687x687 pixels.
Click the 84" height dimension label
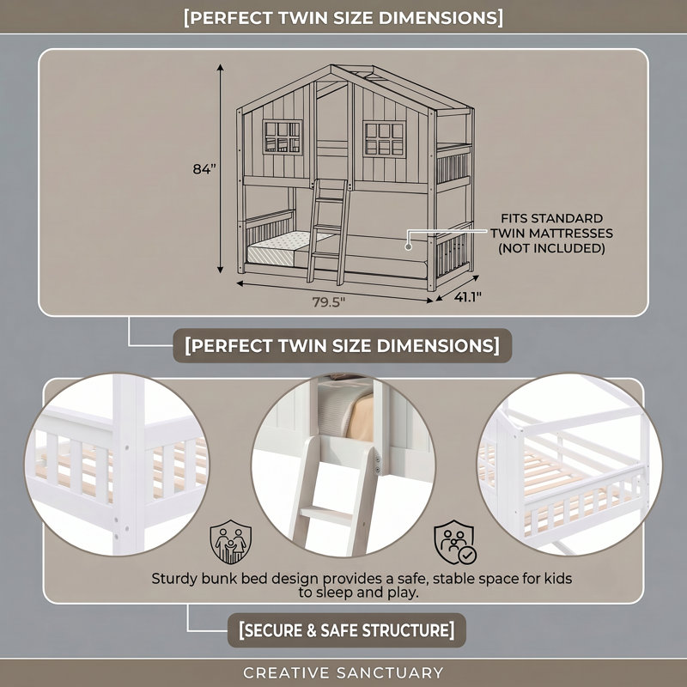coord(204,168)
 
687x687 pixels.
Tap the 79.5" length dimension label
coord(329,302)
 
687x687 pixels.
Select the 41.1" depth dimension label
coord(467,297)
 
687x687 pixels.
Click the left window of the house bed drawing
coord(283,137)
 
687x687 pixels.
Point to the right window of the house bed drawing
coord(384,138)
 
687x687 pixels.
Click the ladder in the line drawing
coord(328,231)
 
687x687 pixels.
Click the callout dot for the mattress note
coord(409,246)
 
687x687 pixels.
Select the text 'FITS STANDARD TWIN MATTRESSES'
coord(551,226)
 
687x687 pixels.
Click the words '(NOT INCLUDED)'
coord(551,248)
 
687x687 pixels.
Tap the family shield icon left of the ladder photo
coord(230,542)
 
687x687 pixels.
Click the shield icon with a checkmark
coord(455,542)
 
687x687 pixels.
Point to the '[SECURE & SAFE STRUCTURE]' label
coord(347,630)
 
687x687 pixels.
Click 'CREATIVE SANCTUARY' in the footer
coord(343,672)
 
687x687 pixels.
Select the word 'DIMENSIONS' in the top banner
coord(441,18)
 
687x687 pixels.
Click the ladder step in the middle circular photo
coord(326,513)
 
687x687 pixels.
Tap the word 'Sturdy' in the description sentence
coord(174,579)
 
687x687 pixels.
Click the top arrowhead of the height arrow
coord(221,68)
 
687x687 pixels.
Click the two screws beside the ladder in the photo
coord(378,465)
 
